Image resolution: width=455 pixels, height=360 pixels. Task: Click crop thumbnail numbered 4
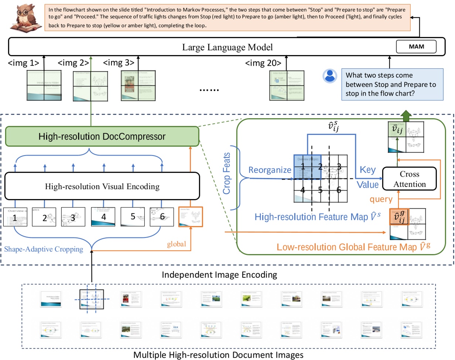point(103,217)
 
